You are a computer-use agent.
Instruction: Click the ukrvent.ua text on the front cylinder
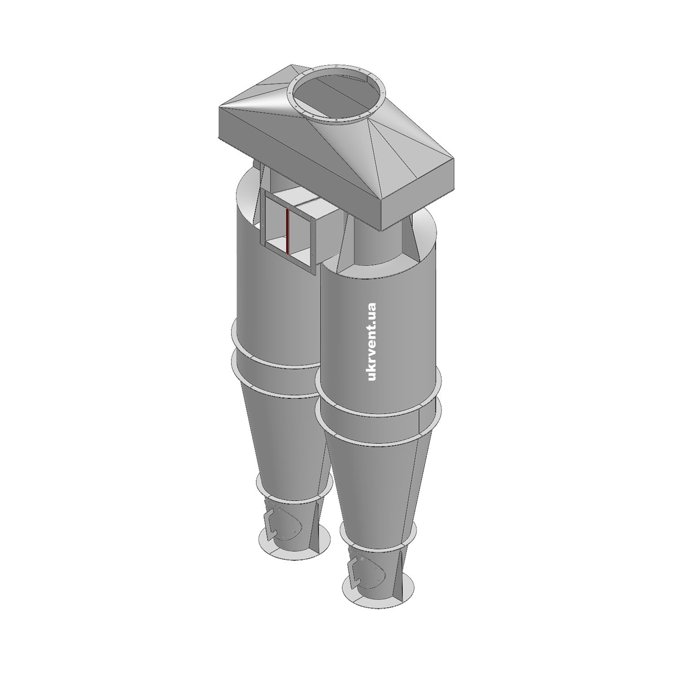371,342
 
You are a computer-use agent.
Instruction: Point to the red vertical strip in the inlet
287,230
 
